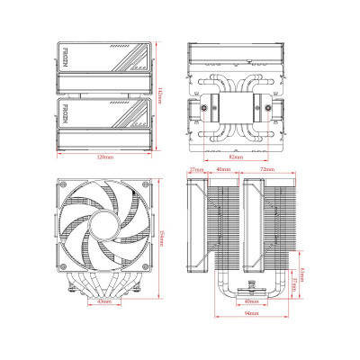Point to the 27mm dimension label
tap(195, 168)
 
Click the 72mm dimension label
tap(267, 168)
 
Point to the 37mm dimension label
tap(294, 283)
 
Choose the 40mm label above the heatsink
tap(222, 168)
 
